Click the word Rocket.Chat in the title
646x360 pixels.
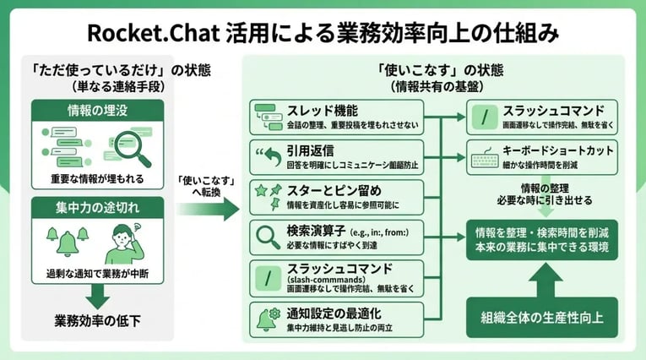pos(149,33)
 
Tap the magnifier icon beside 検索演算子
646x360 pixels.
pos(268,235)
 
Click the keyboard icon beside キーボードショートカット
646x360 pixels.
pos(485,159)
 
